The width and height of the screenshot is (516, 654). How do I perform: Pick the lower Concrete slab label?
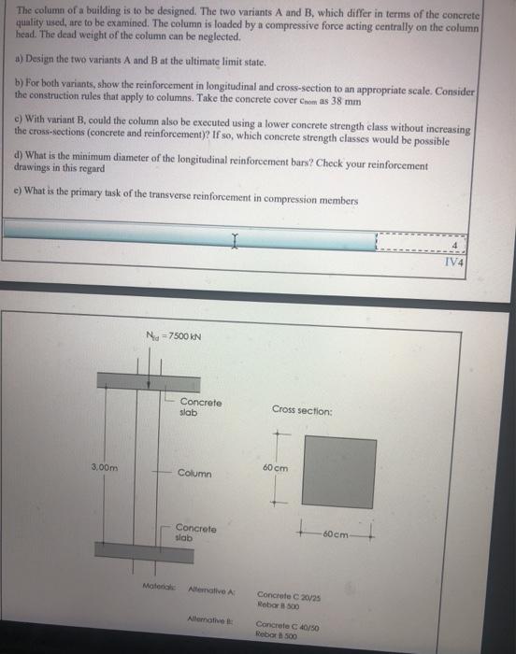194,533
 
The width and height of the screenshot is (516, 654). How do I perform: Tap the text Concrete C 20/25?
288,594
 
